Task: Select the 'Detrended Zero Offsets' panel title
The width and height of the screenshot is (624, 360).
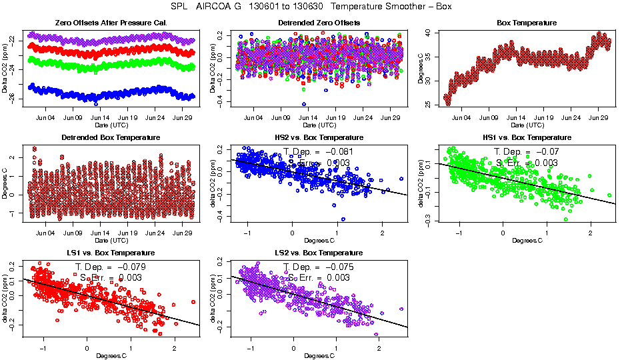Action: pos(319,23)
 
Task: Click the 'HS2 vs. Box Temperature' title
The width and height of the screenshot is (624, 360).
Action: pos(319,138)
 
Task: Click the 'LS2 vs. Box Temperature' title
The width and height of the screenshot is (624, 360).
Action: pos(319,253)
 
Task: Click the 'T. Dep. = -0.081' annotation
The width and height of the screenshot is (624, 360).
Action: pos(318,151)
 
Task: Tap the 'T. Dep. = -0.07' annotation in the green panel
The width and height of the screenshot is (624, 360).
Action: pos(526,151)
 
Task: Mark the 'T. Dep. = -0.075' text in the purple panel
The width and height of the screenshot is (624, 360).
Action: pos(318,267)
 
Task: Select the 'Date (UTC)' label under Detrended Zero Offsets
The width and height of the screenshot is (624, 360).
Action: pos(319,125)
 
